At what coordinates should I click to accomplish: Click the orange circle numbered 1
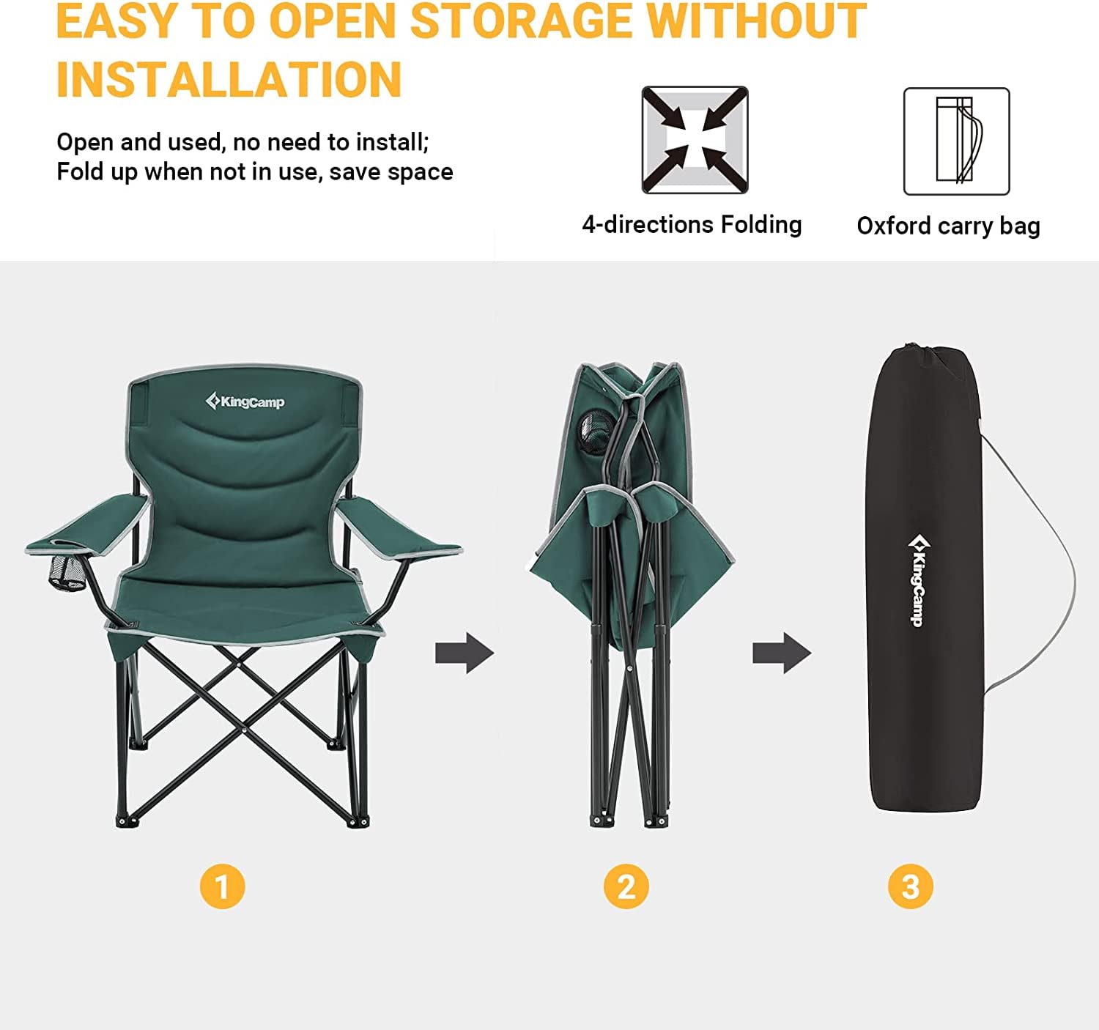click(222, 886)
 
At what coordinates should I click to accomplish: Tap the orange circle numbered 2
click(626, 886)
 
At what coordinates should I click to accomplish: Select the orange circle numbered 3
click(910, 886)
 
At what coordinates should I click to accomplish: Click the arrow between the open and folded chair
click(465, 653)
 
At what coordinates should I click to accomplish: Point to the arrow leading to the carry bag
click(781, 653)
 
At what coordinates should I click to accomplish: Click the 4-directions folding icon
click(695, 140)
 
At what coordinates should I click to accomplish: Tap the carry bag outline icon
click(956, 141)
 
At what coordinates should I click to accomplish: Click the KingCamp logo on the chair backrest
click(245, 401)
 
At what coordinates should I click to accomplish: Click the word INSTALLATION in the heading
click(229, 80)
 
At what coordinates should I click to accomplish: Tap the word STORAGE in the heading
click(521, 21)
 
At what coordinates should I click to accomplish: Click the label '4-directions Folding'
click(692, 225)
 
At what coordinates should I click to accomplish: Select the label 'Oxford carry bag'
click(949, 226)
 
